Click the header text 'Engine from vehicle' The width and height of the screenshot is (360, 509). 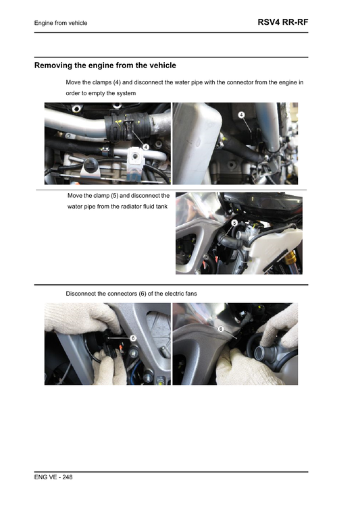[x=61, y=24]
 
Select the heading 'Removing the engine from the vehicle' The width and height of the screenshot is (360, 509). [x=105, y=65]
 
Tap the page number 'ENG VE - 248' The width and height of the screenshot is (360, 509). [x=53, y=477]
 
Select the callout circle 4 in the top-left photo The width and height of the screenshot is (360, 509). [x=145, y=147]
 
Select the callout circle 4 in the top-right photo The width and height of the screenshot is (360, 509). [x=242, y=115]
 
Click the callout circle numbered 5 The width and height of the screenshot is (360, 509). [x=234, y=222]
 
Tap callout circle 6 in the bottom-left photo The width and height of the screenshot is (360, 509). [x=133, y=337]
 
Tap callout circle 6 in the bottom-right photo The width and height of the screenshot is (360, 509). [x=221, y=329]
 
